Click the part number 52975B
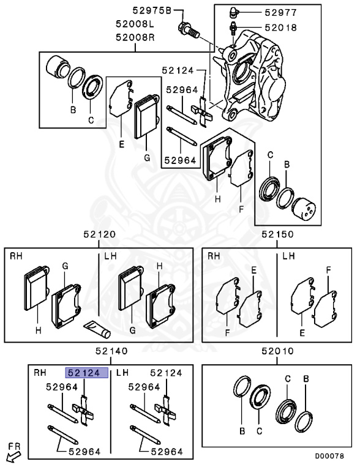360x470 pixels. pos(152,11)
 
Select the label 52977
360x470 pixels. pos(281,13)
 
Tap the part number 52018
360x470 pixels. pos(281,28)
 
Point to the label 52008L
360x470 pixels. pos(135,24)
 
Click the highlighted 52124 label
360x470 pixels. pos(87,373)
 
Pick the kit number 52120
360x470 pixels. pos(99,234)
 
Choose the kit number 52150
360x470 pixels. pos(277,234)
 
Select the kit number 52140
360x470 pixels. pos(111,351)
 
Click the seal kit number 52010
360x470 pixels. pos(277,351)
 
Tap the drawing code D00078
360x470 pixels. pos(329,456)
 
